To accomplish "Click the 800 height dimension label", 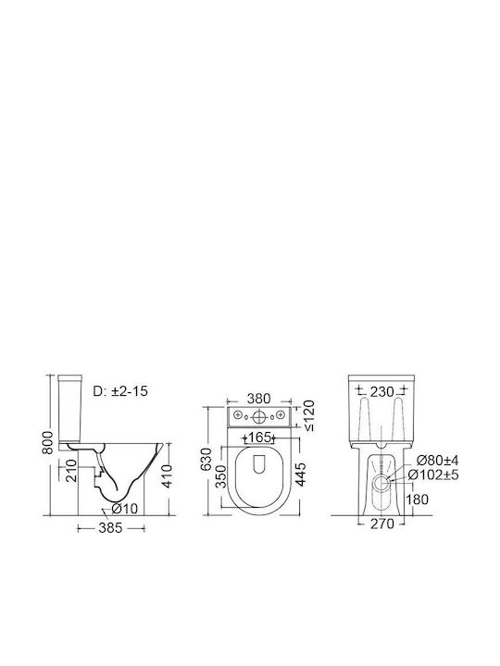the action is pos(49,442).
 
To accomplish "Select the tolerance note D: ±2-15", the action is pos(120,390).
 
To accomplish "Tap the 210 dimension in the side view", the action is pos(71,470).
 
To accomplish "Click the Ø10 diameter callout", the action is pos(125,508).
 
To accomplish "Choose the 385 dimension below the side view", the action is pos(110,528).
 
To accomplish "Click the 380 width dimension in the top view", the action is pos(258,399).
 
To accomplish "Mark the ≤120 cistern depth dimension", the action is pos(309,416).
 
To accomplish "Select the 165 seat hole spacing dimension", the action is pos(259,437).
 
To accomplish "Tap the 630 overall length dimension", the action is pos(206,459).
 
